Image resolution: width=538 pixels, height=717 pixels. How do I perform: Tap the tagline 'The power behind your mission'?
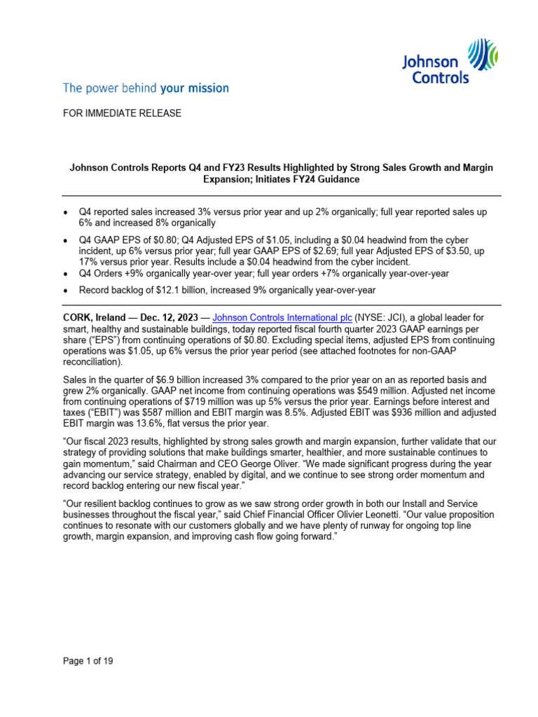point(146,88)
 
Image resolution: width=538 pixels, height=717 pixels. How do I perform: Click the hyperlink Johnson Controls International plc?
point(272,317)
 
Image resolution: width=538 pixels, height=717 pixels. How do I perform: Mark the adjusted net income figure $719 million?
point(202,401)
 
